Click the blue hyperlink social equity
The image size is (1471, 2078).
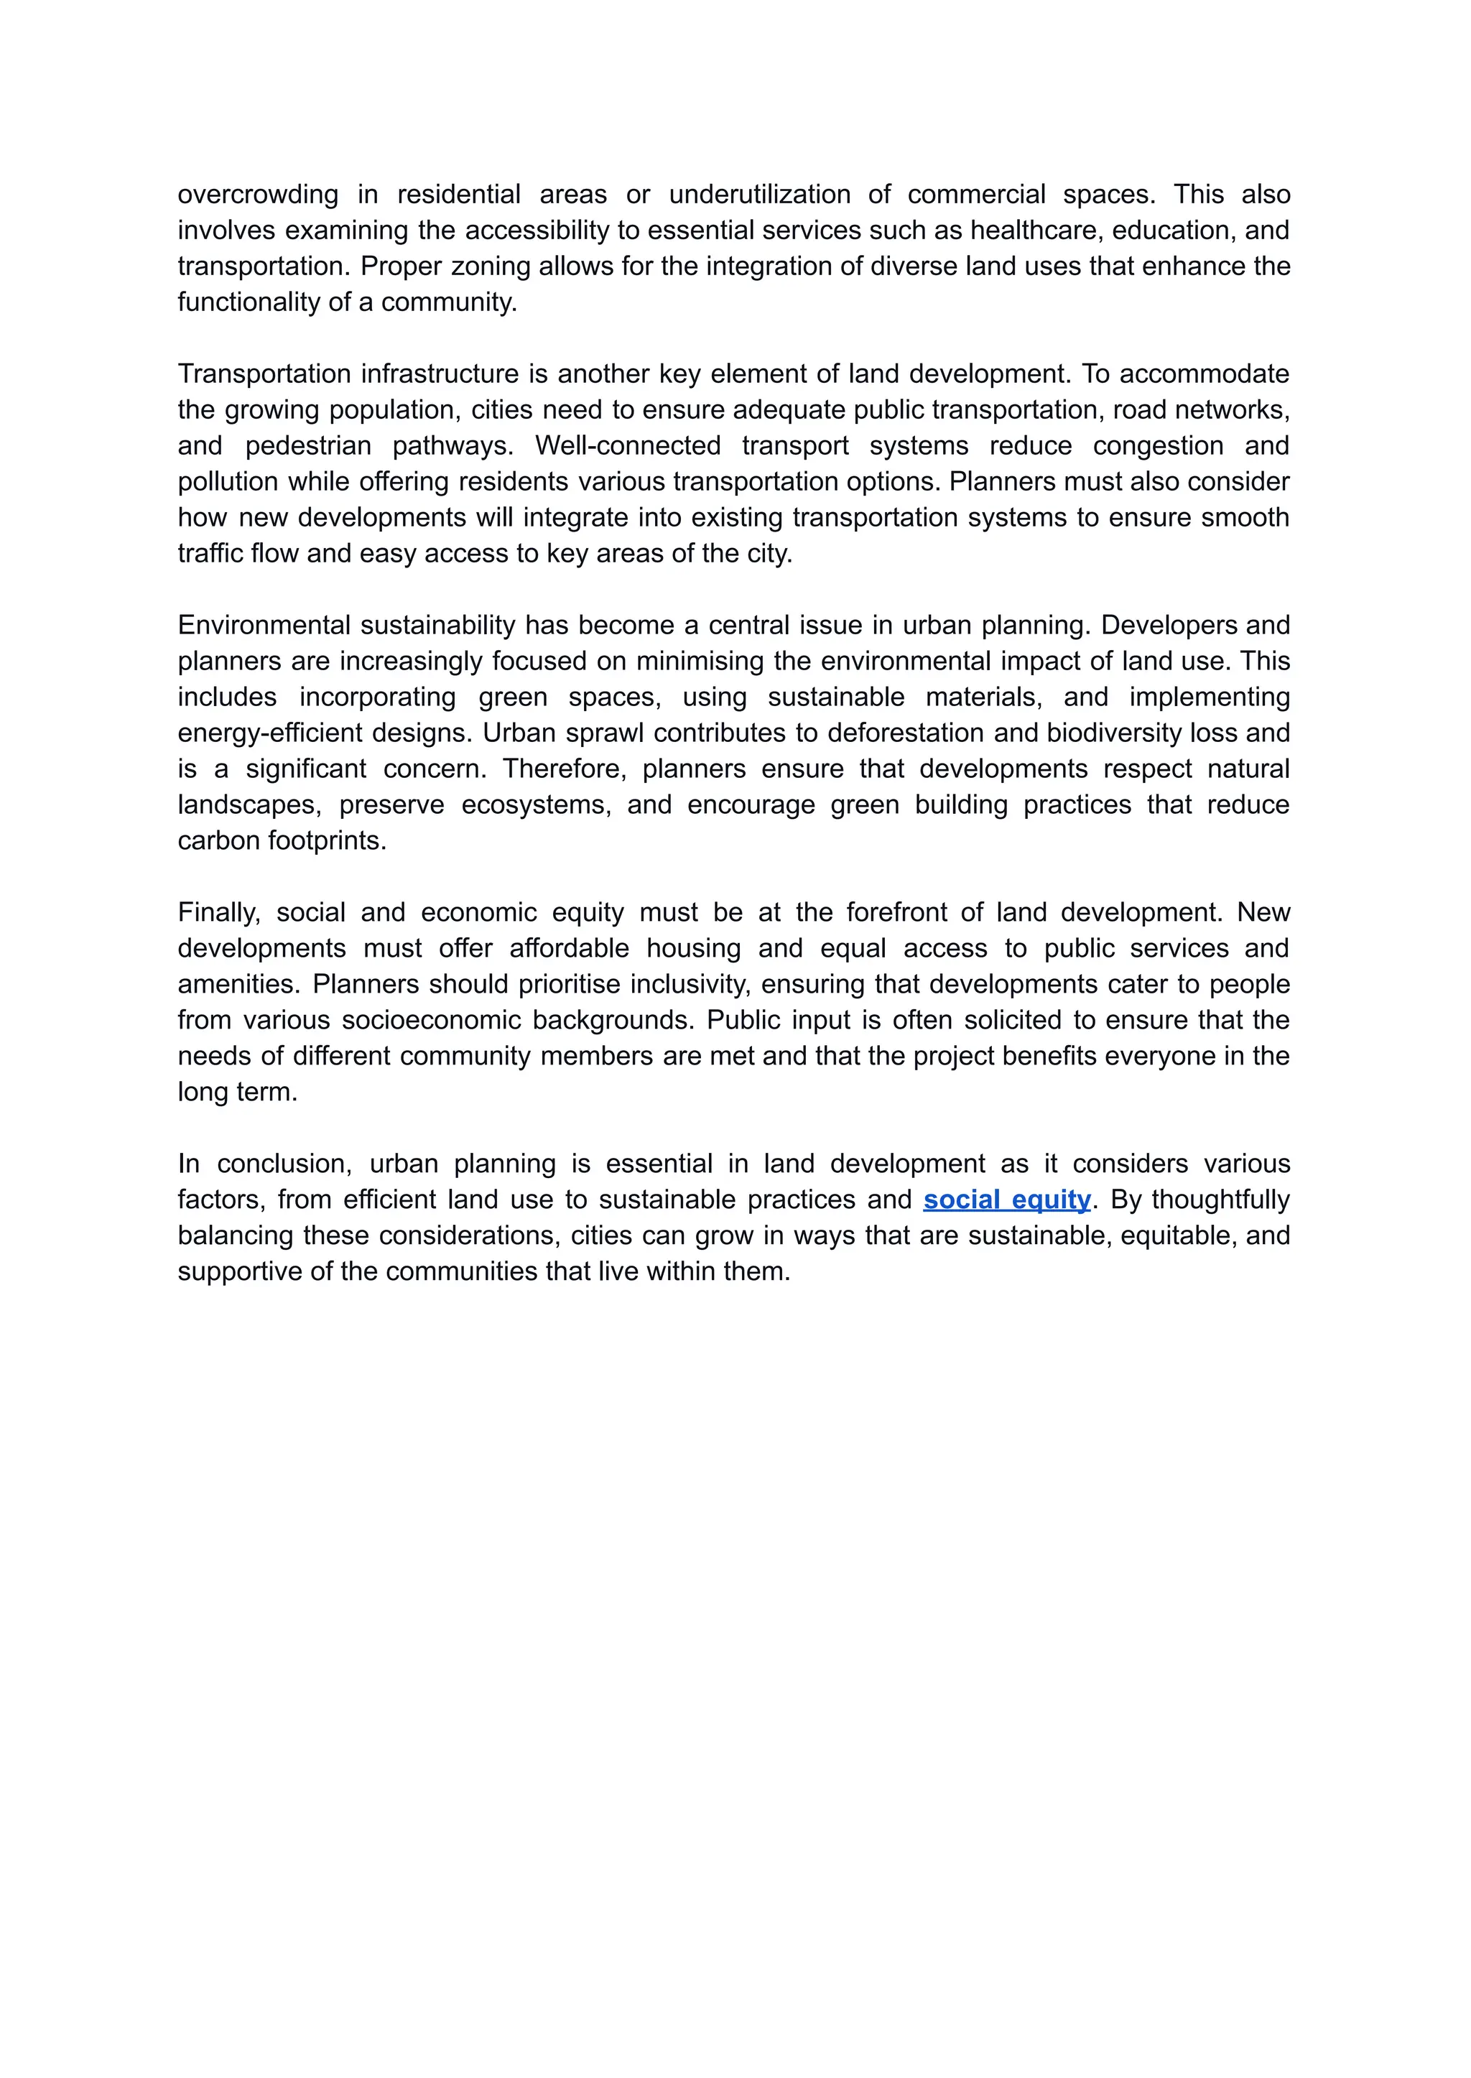[x=1006, y=1200]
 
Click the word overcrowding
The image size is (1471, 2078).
[x=257, y=195]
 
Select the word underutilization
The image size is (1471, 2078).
[x=759, y=195]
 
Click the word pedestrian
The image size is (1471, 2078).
[x=308, y=445]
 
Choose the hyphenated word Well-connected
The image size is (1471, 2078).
[x=627, y=445]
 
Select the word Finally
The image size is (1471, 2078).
[x=218, y=912]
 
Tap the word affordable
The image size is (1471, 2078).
[x=569, y=948]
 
